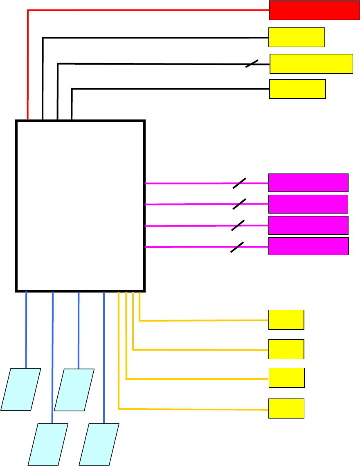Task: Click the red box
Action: [x=314, y=10]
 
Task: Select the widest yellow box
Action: [x=311, y=64]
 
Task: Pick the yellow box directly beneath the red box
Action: [x=297, y=37]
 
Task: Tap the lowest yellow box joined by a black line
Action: [x=297, y=89]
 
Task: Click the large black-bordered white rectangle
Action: [x=80, y=205]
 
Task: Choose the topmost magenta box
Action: [x=308, y=182]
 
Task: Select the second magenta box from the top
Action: [x=308, y=204]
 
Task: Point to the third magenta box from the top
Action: [x=308, y=225]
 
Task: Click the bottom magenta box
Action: [x=308, y=246]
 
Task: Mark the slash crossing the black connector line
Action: [x=252, y=64]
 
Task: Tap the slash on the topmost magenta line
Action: [x=239, y=183]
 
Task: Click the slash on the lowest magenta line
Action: [x=237, y=247]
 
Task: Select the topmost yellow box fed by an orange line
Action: [x=286, y=320]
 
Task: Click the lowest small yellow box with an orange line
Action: [x=286, y=408]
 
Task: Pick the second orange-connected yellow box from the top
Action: [x=286, y=349]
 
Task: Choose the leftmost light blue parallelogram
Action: [x=21, y=389]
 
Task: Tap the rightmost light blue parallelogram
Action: [x=99, y=444]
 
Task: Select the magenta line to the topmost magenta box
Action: [x=188, y=183]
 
